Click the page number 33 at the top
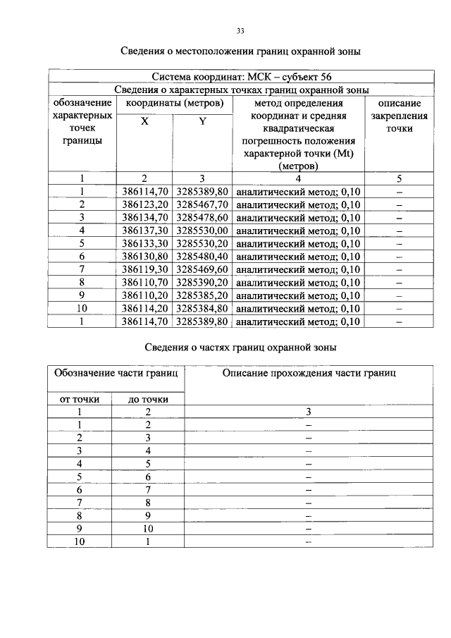[240, 31]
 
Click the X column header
[144, 121]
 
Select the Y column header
[202, 121]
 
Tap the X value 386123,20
[144, 204]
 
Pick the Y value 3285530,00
[202, 231]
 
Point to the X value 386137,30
[144, 231]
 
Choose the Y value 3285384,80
[202, 309]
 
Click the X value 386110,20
[144, 295]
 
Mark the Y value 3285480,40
[202, 257]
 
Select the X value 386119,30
[144, 269]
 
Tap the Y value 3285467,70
[202, 204]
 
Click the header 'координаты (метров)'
[173, 104]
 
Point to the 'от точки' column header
[80, 400]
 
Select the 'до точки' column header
[148, 400]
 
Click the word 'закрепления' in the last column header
[399, 116]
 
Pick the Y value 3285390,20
[202, 283]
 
